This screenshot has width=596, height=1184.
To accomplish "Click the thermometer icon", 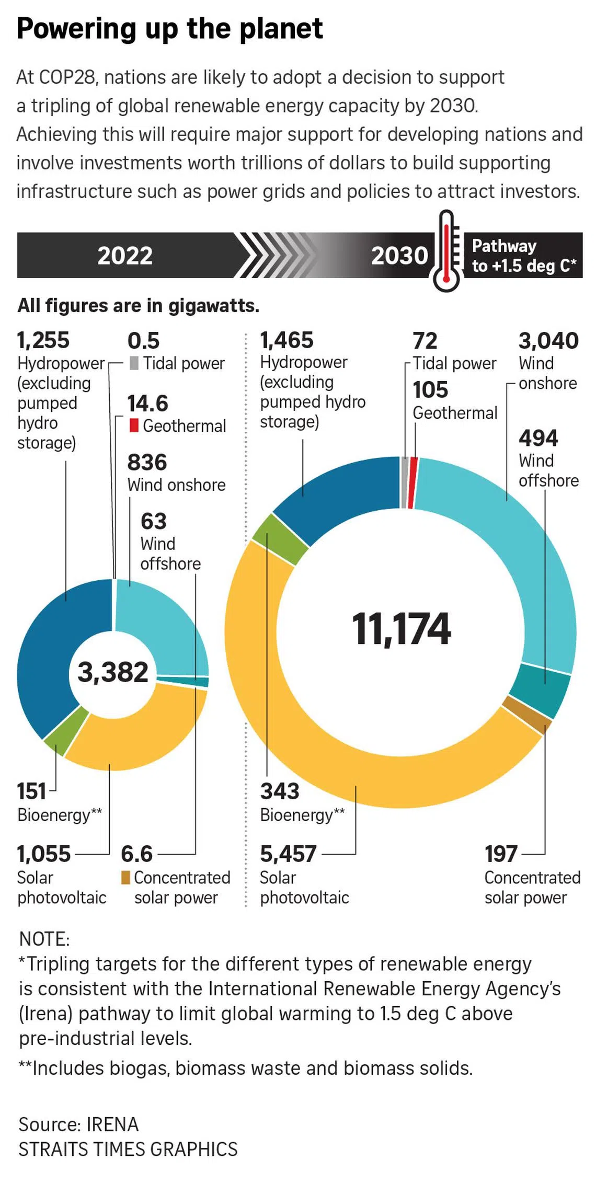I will tap(446, 251).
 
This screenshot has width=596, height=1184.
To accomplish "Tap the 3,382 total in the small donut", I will tap(113, 672).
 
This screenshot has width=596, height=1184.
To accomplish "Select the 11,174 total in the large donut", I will tap(401, 628).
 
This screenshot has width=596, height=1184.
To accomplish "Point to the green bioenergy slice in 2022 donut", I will tap(65, 729).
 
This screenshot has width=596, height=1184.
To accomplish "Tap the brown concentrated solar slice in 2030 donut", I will tap(527, 715).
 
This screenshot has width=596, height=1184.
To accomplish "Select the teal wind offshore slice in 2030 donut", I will tap(538, 690).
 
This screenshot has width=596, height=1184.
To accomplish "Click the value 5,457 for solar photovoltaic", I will tap(288, 854).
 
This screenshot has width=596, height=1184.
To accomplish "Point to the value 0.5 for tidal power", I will tap(143, 341).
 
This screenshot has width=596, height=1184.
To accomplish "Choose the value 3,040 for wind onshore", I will tap(548, 341).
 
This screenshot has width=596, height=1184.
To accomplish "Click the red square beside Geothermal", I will tap(134, 425).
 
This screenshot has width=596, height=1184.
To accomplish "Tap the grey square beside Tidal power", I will tap(134, 363).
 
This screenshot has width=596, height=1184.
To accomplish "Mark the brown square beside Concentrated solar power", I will tap(125, 877).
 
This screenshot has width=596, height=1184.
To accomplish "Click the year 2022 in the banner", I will tap(125, 256).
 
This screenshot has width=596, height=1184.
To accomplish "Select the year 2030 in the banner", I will tap(399, 256).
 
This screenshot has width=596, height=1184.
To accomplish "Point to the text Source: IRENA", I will tap(78, 1124).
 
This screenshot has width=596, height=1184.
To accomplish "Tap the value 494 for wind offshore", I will tap(538, 438).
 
